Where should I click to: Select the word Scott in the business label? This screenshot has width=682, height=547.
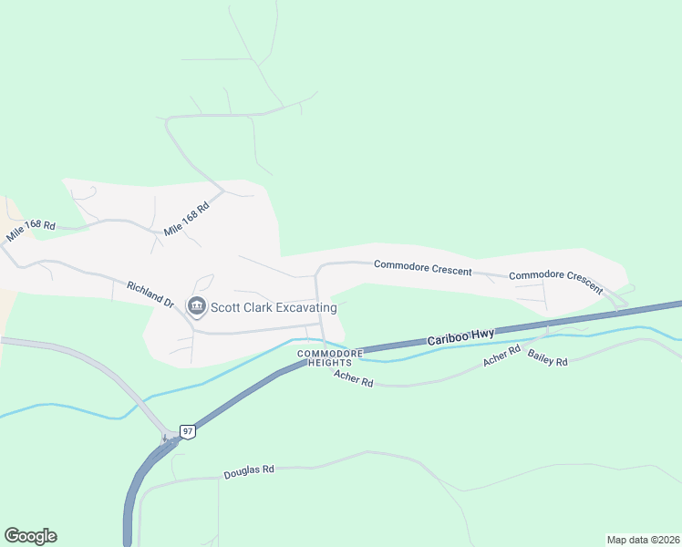click(x=226, y=307)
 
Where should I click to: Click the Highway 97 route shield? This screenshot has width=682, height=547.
click(x=187, y=431)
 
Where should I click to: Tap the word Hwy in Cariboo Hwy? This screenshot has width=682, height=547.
click(x=483, y=334)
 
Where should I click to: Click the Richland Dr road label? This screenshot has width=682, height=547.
click(x=150, y=294)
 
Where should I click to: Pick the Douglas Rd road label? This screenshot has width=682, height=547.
click(x=248, y=472)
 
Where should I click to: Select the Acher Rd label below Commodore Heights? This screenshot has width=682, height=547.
click(x=354, y=378)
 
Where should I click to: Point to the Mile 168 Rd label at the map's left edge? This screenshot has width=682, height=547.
click(x=31, y=232)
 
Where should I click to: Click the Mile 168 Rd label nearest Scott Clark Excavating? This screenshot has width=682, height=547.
click(x=187, y=219)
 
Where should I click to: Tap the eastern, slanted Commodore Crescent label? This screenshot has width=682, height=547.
click(x=555, y=281)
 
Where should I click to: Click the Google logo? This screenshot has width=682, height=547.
click(x=30, y=536)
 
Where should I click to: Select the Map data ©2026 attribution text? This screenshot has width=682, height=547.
click(x=643, y=539)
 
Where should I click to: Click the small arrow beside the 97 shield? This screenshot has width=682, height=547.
click(x=166, y=439)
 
